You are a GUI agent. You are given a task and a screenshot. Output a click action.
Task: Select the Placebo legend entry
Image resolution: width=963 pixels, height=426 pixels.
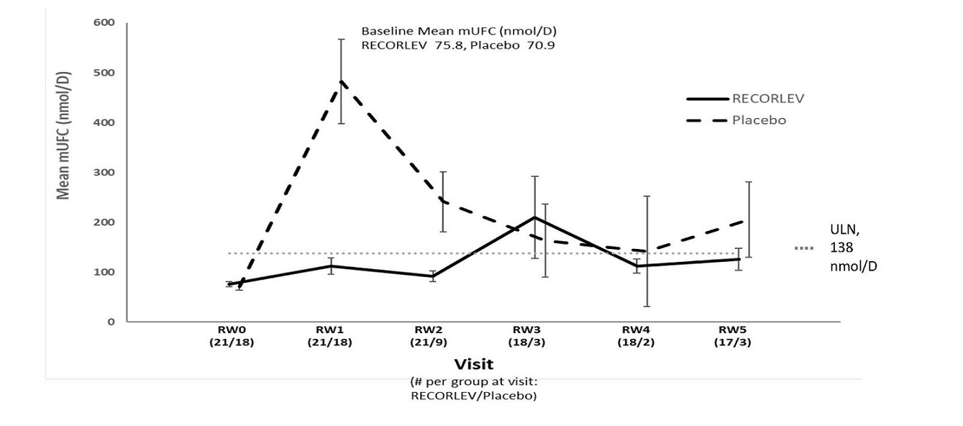(x=759, y=120)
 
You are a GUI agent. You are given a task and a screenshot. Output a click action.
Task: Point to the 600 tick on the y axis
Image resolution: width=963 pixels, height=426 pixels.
(x=104, y=23)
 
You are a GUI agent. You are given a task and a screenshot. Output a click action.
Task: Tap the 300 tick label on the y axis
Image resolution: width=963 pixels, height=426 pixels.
(x=104, y=173)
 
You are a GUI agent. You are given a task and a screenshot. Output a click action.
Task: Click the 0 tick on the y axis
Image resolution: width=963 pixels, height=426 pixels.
(x=111, y=322)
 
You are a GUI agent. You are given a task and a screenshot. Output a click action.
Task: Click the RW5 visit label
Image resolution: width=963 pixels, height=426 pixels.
(x=734, y=330)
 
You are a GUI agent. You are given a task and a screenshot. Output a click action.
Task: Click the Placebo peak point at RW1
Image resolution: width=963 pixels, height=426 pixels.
(x=341, y=81)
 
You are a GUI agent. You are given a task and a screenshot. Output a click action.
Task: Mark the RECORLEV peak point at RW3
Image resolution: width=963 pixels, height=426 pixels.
(x=534, y=217)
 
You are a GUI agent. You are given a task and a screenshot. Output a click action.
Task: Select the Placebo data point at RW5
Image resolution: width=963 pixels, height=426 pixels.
(x=749, y=220)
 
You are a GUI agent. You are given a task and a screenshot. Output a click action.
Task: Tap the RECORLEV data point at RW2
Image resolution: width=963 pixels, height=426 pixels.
(x=433, y=276)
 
